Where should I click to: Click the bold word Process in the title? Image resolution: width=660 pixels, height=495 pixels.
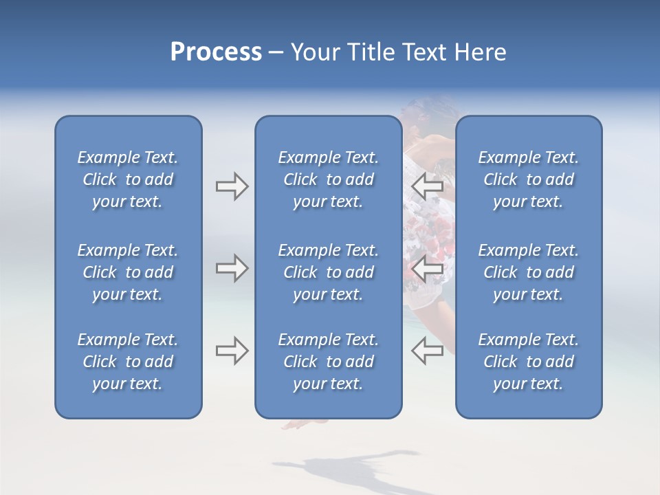(x=216, y=52)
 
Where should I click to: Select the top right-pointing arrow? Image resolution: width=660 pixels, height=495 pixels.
(x=232, y=186)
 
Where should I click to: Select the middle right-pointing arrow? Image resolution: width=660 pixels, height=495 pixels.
(x=232, y=268)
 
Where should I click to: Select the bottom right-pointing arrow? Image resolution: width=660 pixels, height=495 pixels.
(x=232, y=351)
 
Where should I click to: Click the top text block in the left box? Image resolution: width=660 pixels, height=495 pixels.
(x=128, y=179)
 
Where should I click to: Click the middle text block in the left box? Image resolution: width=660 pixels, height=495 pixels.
(x=128, y=272)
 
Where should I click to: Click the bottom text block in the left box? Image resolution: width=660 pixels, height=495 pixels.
(x=128, y=362)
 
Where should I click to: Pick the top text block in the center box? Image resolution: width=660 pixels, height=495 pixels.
(x=328, y=179)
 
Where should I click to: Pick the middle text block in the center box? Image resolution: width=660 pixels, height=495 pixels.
(x=328, y=272)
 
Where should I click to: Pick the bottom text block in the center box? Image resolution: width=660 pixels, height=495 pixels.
(x=328, y=362)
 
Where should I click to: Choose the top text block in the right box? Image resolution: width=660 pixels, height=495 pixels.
(x=528, y=179)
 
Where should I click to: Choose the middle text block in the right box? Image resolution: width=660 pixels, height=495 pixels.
(x=528, y=272)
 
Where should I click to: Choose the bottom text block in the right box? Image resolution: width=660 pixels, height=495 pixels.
(x=528, y=362)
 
